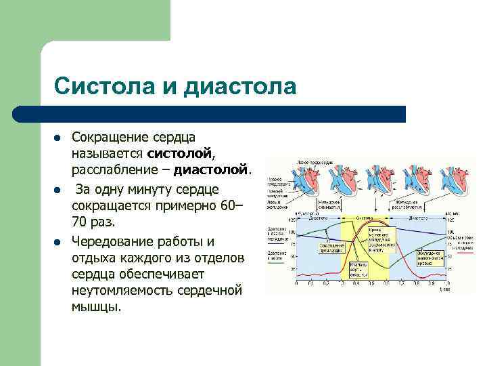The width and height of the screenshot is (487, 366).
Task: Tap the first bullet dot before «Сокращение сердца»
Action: tap(59, 138)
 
